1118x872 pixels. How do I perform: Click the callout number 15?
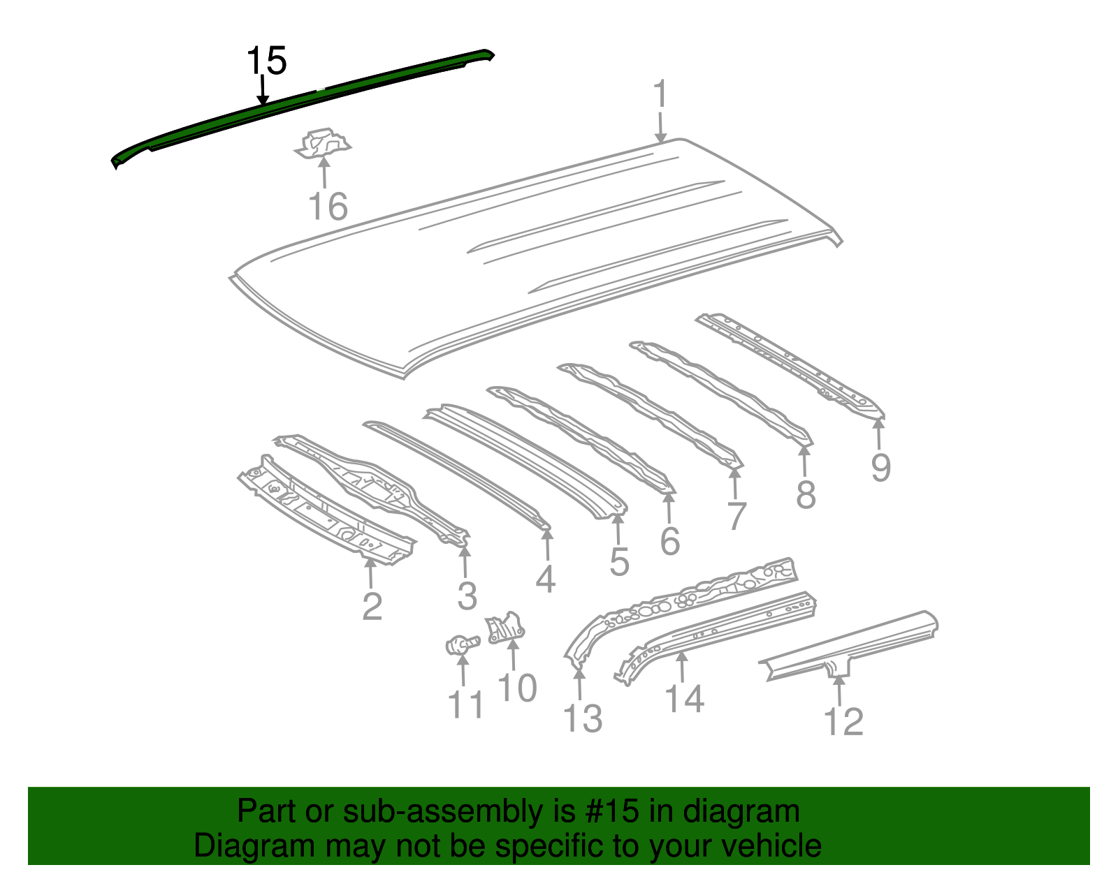(x=266, y=61)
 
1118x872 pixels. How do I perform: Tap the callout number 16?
(x=328, y=207)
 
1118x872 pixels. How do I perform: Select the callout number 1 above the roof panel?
(x=660, y=94)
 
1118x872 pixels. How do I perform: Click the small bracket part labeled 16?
(x=323, y=143)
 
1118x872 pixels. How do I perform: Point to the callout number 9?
(x=881, y=468)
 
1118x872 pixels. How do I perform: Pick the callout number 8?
(x=806, y=494)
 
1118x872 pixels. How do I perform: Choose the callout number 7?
(x=736, y=516)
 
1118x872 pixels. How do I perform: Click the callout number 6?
(x=670, y=540)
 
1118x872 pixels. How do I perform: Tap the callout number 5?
(x=620, y=561)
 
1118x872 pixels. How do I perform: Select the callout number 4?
(x=545, y=579)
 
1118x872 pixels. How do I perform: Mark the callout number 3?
(x=467, y=596)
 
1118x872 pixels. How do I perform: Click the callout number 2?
(x=372, y=606)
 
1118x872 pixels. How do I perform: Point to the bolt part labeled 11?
(x=463, y=645)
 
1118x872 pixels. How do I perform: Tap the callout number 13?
(x=583, y=718)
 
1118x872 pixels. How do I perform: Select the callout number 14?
(x=684, y=699)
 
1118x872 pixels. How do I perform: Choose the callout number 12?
(x=843, y=722)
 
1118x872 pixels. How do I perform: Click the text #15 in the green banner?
(x=612, y=811)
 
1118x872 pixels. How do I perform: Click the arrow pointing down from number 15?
(x=263, y=91)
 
